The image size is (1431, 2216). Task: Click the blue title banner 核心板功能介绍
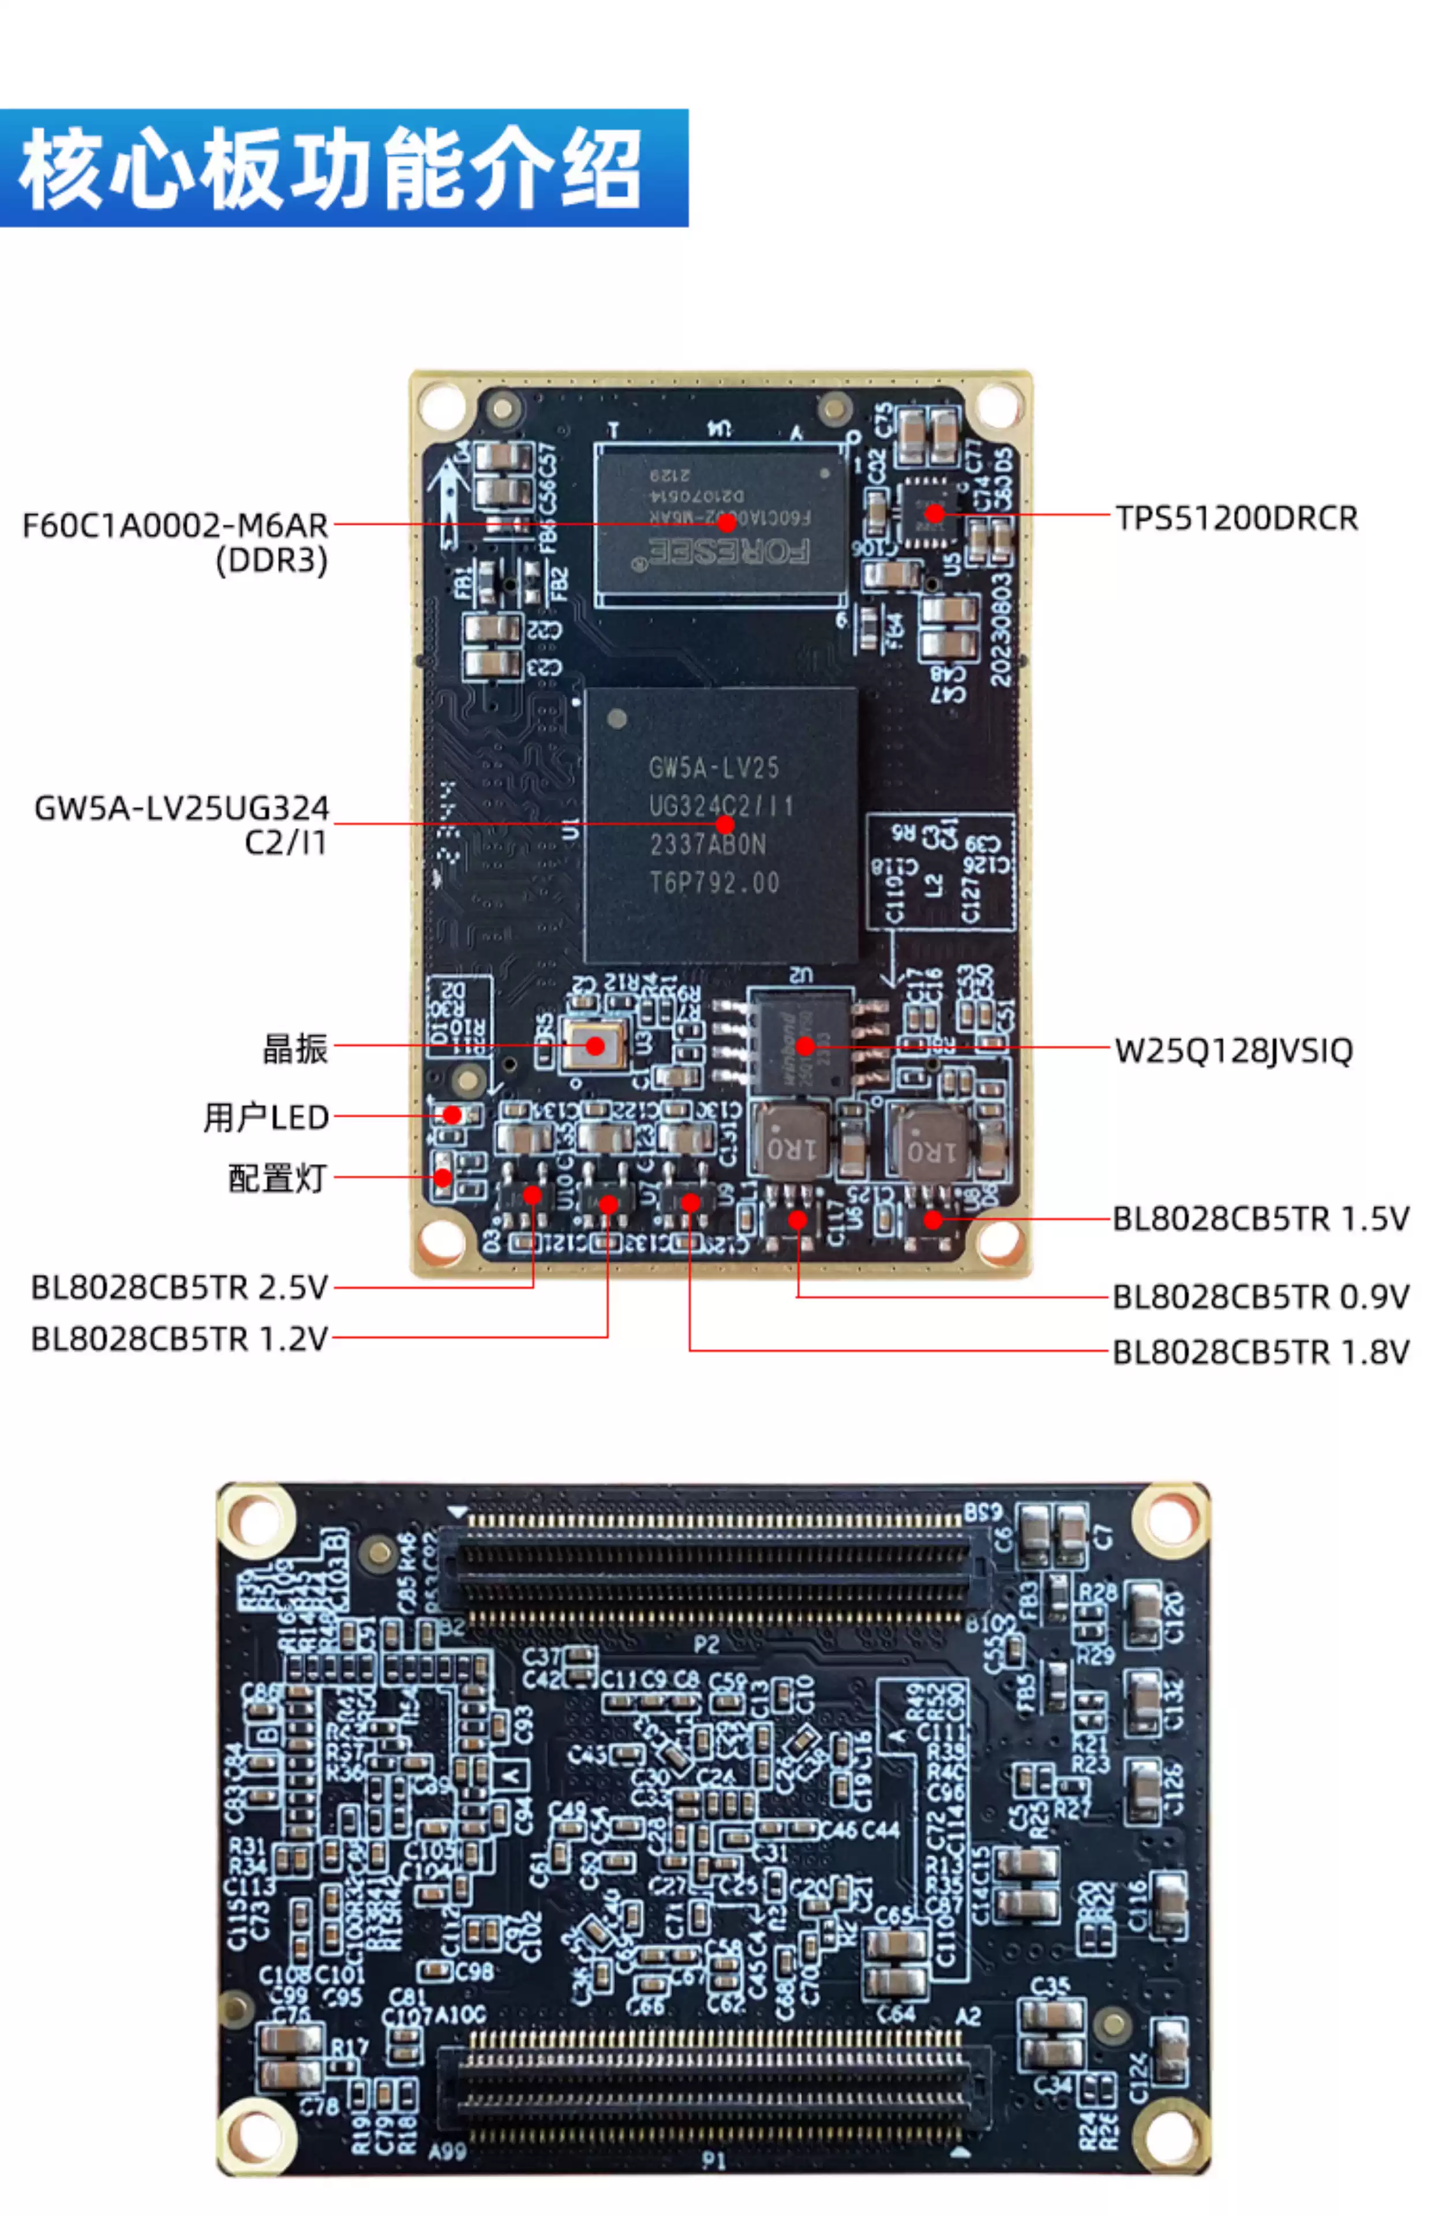pyautogui.click(x=344, y=168)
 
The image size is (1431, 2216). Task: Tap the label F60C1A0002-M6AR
pyautogui.click(x=175, y=526)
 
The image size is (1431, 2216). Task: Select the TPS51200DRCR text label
pyautogui.click(x=1236, y=518)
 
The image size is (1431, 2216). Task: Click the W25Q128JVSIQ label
pyautogui.click(x=1233, y=1051)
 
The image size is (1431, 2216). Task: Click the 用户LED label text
pyautogui.click(x=266, y=1117)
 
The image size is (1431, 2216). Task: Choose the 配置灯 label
pyautogui.click(x=277, y=1178)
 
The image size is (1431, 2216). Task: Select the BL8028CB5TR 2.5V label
pyautogui.click(x=179, y=1288)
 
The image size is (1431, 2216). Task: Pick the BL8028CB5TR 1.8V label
pyautogui.click(x=1260, y=1352)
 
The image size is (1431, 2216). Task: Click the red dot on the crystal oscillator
pyautogui.click(x=595, y=1046)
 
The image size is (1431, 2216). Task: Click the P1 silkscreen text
pyautogui.click(x=713, y=2160)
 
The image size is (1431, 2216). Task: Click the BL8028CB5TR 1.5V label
pyautogui.click(x=1260, y=1218)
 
